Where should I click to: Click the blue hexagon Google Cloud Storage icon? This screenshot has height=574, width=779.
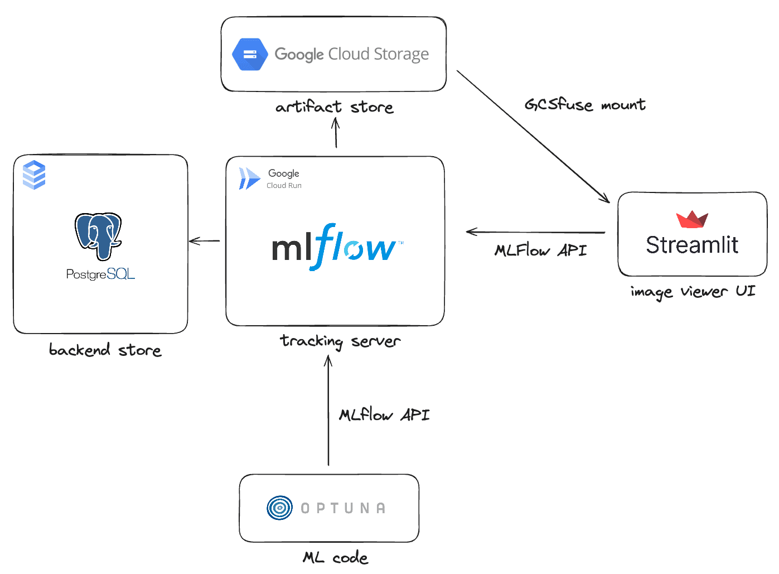pos(250,54)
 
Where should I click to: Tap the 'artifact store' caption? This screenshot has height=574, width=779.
pos(335,107)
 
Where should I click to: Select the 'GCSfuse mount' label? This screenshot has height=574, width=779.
pos(585,104)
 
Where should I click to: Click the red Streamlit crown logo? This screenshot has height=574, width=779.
pos(692,220)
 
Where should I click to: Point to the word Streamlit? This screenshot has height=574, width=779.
pos(692,245)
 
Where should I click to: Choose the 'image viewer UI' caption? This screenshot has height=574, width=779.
pos(693,292)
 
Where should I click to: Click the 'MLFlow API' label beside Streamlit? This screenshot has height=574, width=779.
pos(540,250)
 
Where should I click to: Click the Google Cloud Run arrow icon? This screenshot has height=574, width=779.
pos(249,179)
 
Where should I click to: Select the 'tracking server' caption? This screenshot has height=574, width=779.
pos(340,341)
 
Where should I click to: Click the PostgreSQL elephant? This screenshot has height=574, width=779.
pos(99,235)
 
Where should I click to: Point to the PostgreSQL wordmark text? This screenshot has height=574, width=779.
pos(100,274)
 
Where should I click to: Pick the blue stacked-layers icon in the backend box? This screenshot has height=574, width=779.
pos(34,175)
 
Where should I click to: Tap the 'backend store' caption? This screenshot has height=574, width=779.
pos(105,350)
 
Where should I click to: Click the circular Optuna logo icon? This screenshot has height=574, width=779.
pos(279,508)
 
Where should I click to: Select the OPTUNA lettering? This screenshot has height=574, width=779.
pos(343,508)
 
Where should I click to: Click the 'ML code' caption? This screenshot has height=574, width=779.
pos(335,557)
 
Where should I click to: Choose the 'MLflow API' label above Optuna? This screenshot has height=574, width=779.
pos(384,414)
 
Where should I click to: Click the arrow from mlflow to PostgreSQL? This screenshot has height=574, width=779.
pos(205,241)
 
